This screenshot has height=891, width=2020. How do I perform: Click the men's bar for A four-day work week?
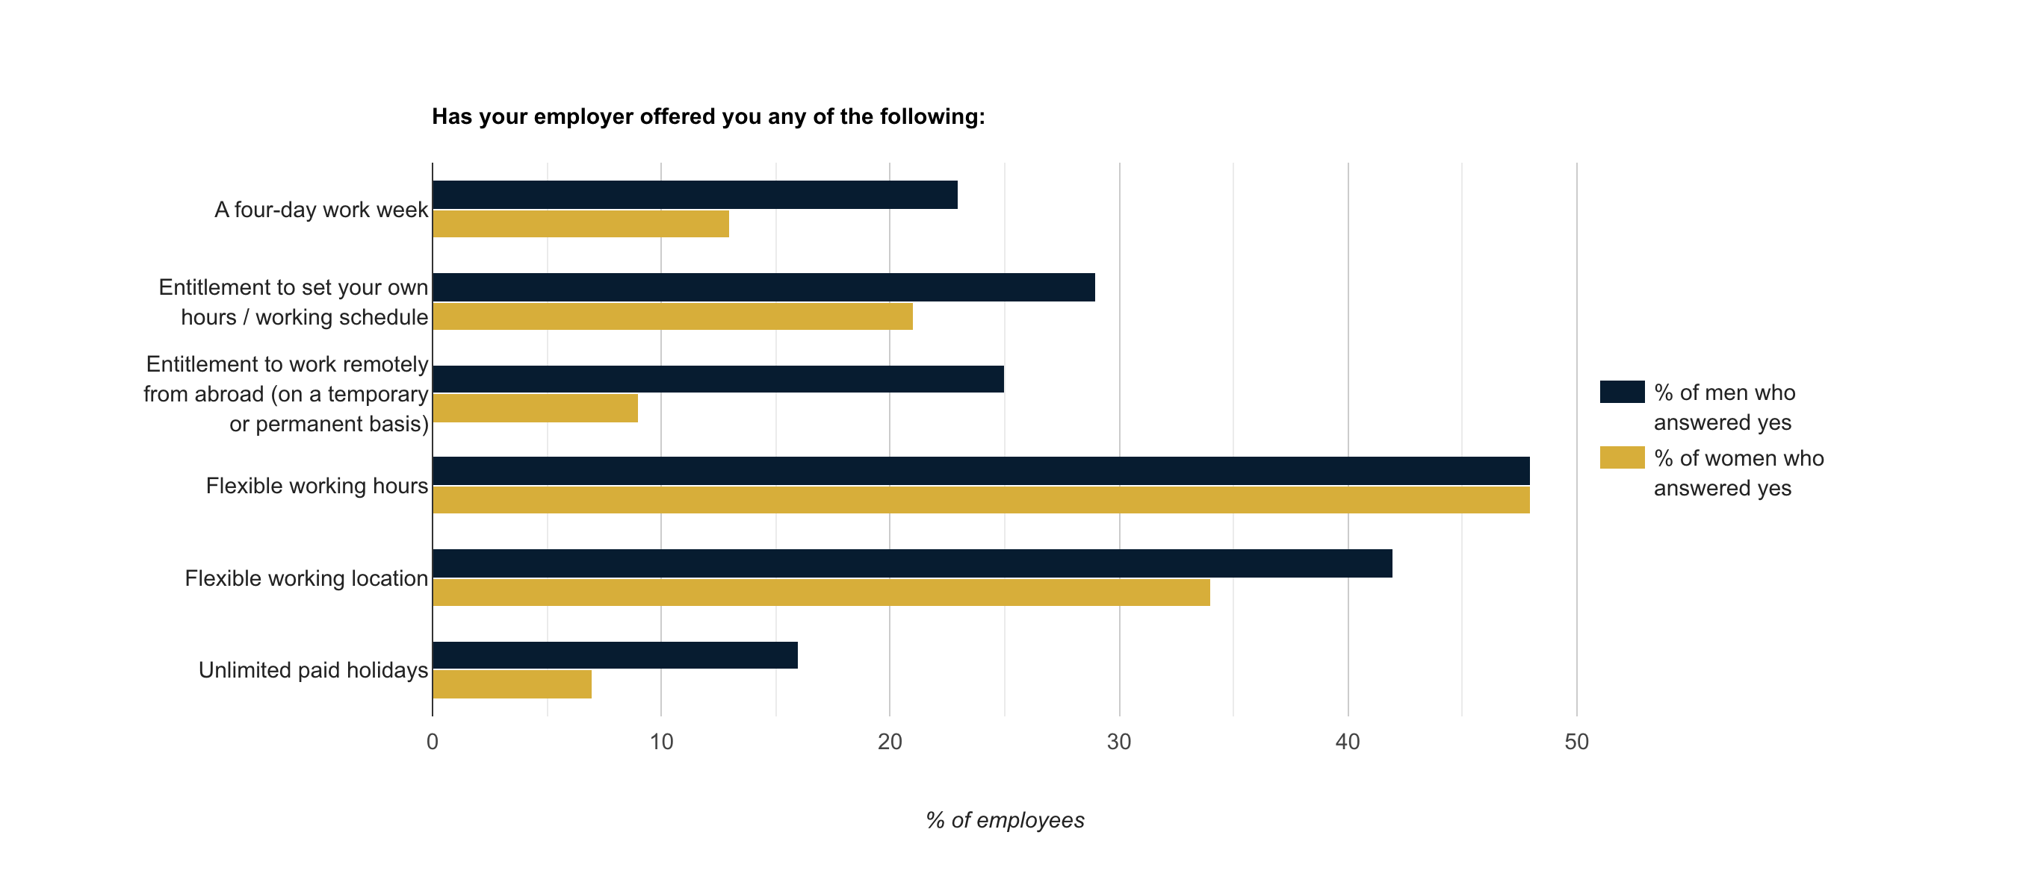pyautogui.click(x=695, y=195)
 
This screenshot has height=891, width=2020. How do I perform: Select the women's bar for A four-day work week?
pyautogui.click(x=580, y=224)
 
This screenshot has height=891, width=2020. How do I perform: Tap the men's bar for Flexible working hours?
pyautogui.click(x=980, y=471)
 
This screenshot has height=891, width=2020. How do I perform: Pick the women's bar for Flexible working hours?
pyautogui.click(x=980, y=500)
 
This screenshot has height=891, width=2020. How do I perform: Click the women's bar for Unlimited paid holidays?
pyautogui.click(x=512, y=684)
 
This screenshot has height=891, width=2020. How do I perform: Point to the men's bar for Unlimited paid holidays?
pyautogui.click(x=615, y=655)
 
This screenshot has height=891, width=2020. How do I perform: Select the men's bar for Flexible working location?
pyautogui.click(x=912, y=563)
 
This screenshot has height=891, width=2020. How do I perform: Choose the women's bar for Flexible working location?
pyautogui.click(x=821, y=593)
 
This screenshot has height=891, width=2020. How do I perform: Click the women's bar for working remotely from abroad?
pyautogui.click(x=535, y=408)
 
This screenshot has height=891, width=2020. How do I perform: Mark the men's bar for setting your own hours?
pyautogui.click(x=763, y=287)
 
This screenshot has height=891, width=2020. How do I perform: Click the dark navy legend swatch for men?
pyautogui.click(x=1622, y=392)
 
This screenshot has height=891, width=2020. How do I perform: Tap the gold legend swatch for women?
pyautogui.click(x=1622, y=457)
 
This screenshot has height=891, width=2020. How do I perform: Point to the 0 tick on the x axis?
pyautogui.click(x=432, y=741)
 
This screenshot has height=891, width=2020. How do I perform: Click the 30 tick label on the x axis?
pyautogui.click(x=1118, y=741)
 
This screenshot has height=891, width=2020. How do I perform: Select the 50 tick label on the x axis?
pyautogui.click(x=1576, y=741)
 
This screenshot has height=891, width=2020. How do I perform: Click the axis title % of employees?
pyautogui.click(x=1005, y=819)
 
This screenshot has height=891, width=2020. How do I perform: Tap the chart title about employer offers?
pyautogui.click(x=708, y=116)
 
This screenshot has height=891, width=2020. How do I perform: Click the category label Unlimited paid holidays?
pyautogui.click(x=313, y=670)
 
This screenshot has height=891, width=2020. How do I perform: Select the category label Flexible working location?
pyautogui.click(x=306, y=578)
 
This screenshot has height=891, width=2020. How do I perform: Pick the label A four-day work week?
pyautogui.click(x=320, y=210)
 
